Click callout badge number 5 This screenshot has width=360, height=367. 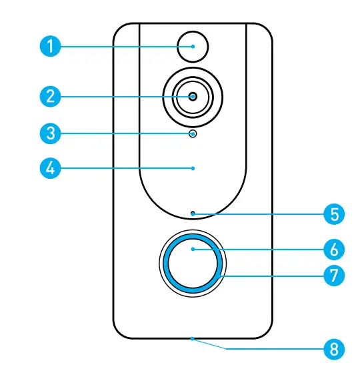click(x=334, y=214)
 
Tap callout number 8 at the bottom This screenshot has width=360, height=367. click(x=334, y=348)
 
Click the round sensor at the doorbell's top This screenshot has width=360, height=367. click(x=193, y=47)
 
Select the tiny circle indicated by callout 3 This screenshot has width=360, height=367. click(x=193, y=133)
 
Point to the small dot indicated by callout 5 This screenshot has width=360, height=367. click(x=193, y=214)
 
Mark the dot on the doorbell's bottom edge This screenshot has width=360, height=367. click(x=193, y=338)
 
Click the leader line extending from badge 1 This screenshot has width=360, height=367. click(x=120, y=47)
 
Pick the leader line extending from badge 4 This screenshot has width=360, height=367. click(x=120, y=167)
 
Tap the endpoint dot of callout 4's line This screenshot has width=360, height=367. click(x=193, y=167)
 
